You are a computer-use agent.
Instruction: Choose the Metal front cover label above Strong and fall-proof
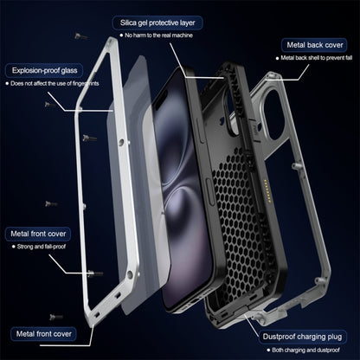click(41, 233)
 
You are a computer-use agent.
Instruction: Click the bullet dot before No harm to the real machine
click(121, 35)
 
